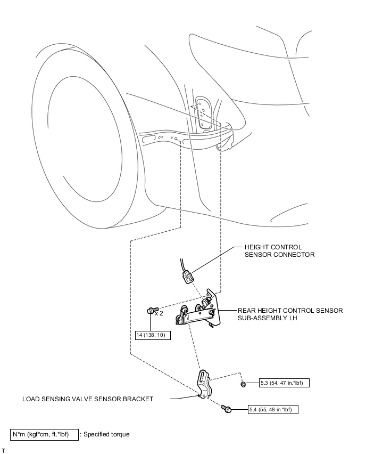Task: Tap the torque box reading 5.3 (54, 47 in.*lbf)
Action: [x=284, y=383]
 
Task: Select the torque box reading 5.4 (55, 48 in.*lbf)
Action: [x=273, y=409]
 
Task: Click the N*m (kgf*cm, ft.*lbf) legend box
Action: [x=44, y=435]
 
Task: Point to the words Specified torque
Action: [x=106, y=434]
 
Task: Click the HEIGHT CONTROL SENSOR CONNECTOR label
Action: [x=280, y=251]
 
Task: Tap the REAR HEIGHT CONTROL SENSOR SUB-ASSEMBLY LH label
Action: [x=290, y=314]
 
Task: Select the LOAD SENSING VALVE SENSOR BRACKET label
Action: [x=88, y=399]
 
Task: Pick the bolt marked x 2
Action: [x=152, y=310]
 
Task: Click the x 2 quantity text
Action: [x=159, y=313]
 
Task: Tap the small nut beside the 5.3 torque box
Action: [x=243, y=384]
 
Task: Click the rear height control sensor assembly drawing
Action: [x=198, y=311]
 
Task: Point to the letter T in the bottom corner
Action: [x=3, y=451]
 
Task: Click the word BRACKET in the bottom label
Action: [x=138, y=399]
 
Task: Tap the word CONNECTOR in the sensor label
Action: [x=294, y=255]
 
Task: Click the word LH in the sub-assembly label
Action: [x=293, y=318]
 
